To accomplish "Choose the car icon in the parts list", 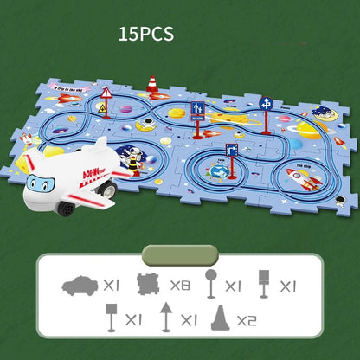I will tap(80, 285).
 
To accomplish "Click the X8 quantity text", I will tap(180, 284).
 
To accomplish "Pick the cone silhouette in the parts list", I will tap(222, 318).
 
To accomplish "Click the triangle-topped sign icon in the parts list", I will tap(165, 318).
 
